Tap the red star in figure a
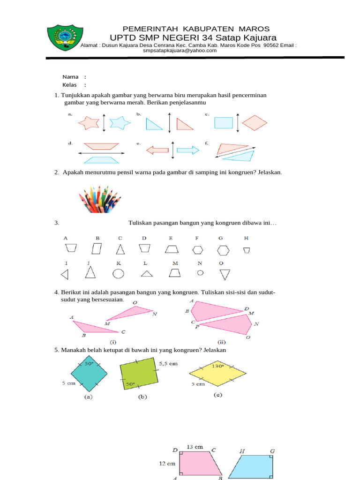click(x=89, y=123)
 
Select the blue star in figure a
click(x=120, y=123)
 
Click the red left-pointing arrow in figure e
click(x=157, y=150)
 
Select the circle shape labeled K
click(x=119, y=273)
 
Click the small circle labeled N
click(x=200, y=272)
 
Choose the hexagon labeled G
click(x=223, y=250)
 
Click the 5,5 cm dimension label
click(x=169, y=363)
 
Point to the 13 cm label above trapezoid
click(x=195, y=447)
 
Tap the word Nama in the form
click(x=70, y=77)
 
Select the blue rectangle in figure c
click(x=224, y=122)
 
